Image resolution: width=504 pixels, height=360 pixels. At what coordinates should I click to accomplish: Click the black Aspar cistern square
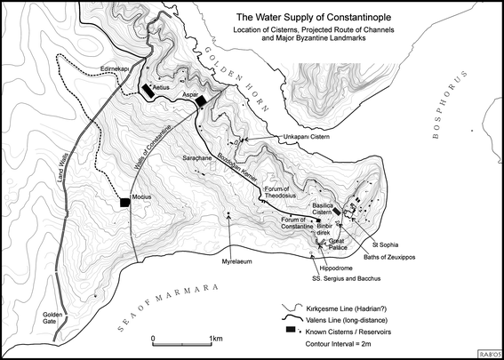click(202, 101)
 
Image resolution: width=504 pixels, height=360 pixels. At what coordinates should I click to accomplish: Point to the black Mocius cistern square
click(125, 203)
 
